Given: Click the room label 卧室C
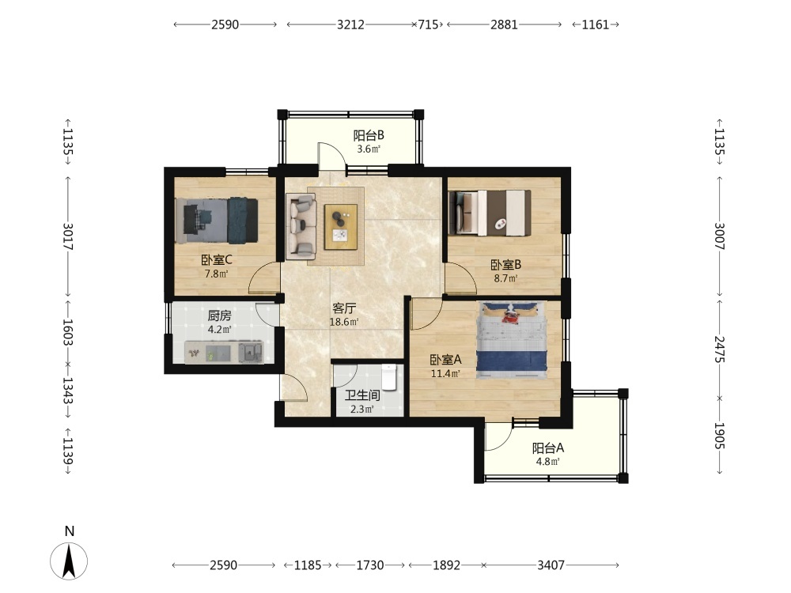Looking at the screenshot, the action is [x=217, y=260].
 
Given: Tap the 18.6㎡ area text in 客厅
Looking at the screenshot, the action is [x=344, y=322].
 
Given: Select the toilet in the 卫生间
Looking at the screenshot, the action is [x=389, y=377].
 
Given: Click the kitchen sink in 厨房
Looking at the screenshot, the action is [x=250, y=352].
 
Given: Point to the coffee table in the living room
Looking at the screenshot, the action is [x=340, y=227].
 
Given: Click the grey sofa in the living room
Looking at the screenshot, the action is [x=301, y=226].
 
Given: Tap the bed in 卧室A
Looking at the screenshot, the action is [x=512, y=340].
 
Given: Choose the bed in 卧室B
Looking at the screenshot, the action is [x=490, y=213].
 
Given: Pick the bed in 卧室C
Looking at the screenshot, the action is [x=217, y=221].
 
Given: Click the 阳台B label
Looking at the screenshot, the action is [x=369, y=135].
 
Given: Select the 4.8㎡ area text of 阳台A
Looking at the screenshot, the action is [x=548, y=462].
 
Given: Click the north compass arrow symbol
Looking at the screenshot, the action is [x=69, y=561].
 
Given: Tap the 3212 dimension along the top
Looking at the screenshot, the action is [x=350, y=25].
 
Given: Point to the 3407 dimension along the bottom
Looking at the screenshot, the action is [x=551, y=565].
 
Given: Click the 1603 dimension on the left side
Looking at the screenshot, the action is [x=68, y=332].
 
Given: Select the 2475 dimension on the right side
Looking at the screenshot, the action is [x=719, y=349].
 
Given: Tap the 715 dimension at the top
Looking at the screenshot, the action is [x=428, y=25].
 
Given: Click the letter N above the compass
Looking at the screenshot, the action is [x=70, y=531].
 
